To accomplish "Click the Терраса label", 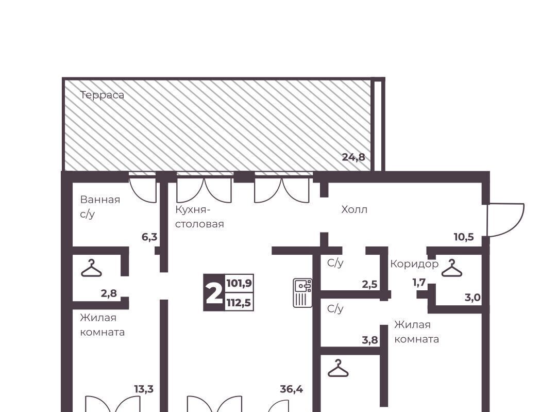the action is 102,95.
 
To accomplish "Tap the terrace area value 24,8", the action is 353,157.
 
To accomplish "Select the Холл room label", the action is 354,209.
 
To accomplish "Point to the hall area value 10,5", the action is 464,237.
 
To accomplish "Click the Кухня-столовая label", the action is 199,217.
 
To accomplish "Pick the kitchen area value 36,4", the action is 291,389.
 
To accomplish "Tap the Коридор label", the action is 414,264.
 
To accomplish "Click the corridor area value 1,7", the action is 419,283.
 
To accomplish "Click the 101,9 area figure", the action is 239,283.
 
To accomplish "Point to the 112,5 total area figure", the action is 239,303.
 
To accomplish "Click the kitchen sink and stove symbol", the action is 302,292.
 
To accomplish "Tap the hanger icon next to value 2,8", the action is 91,268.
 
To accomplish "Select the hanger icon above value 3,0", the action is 452,268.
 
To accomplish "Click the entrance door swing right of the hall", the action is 505,220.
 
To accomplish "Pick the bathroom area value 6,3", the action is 149,237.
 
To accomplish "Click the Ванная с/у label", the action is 100,207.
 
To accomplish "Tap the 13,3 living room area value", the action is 144,389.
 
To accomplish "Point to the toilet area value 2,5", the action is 369,285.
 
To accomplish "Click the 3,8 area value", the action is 370,340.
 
